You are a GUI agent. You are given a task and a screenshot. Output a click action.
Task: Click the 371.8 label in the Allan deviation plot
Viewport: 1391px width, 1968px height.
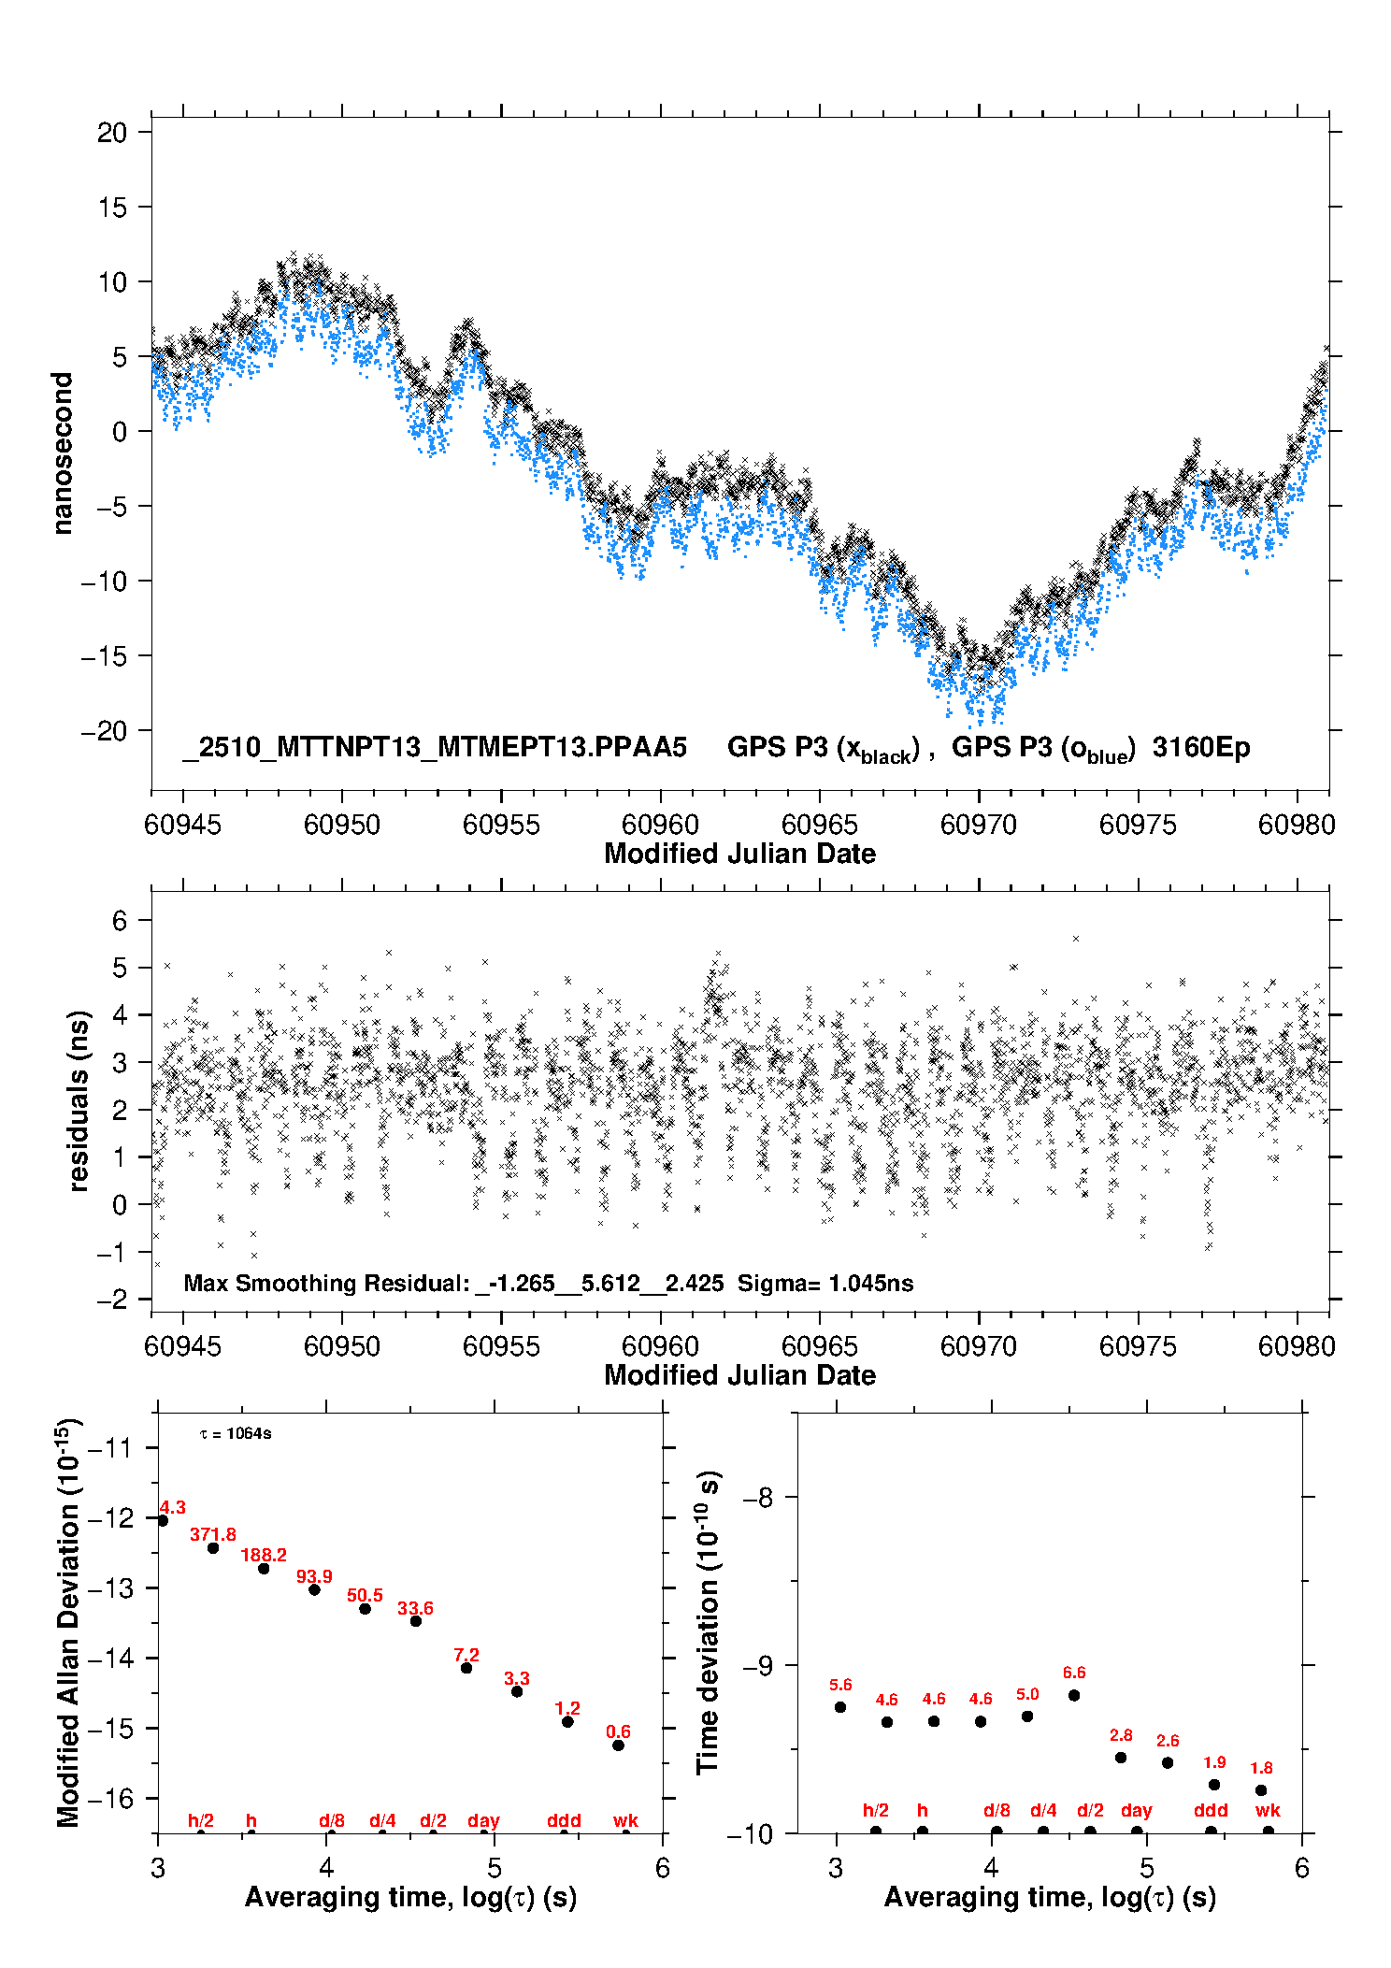click(213, 1534)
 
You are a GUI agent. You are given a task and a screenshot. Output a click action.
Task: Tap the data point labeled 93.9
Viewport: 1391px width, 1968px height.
click(314, 1589)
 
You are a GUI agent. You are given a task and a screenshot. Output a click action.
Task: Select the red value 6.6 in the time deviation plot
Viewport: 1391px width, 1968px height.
click(1074, 1673)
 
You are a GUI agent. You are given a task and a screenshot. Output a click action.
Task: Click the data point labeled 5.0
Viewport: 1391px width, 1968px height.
click(1027, 1717)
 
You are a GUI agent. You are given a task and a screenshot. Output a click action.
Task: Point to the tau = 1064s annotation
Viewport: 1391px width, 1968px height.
click(236, 1433)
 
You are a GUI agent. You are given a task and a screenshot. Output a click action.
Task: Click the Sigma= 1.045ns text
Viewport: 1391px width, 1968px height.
click(825, 1283)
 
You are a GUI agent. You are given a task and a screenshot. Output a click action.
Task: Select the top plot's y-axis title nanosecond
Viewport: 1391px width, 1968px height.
click(63, 453)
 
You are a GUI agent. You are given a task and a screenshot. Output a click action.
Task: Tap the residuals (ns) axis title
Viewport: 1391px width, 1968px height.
click(79, 1100)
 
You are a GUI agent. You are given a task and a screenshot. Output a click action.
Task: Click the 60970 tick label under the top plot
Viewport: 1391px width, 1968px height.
click(979, 825)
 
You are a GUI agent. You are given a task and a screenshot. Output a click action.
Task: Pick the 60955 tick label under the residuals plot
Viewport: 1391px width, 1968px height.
click(501, 1346)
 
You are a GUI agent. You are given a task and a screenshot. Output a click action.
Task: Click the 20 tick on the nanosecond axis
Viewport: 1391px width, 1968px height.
click(112, 133)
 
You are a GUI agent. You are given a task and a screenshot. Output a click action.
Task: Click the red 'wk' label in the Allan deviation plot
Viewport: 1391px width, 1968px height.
click(625, 1820)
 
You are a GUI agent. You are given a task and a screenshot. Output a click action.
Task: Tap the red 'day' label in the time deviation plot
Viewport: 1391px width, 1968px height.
click(1137, 1810)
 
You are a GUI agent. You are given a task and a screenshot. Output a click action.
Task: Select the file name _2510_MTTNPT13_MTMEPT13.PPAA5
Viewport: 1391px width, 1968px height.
click(435, 747)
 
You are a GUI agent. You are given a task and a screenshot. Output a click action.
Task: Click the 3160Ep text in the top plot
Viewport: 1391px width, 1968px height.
click(1201, 747)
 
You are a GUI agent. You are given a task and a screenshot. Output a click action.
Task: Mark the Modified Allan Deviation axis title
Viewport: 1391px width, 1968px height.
click(67, 1622)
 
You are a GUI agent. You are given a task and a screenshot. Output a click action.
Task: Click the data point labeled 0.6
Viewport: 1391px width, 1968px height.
click(618, 1745)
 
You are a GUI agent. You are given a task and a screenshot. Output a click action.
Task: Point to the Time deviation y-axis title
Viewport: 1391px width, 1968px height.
click(709, 1623)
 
